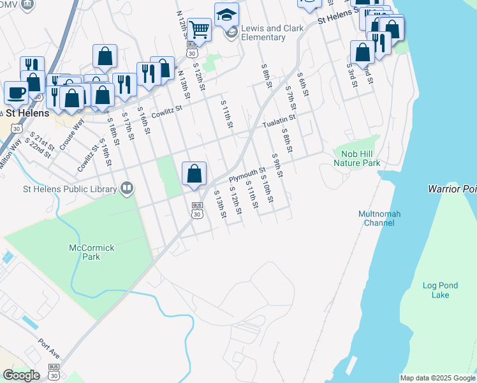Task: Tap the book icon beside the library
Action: (127, 188)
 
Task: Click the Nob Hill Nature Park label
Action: (356, 158)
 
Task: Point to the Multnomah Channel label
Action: (383, 218)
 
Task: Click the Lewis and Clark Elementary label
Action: (263, 33)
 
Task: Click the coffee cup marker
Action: (16, 92)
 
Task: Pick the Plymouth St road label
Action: (247, 174)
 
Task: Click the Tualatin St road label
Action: (279, 119)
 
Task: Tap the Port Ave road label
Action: (48, 347)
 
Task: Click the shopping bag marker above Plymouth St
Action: (194, 173)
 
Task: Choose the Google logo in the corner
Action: (21, 375)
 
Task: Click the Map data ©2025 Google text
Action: (437, 378)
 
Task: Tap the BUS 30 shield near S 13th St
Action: (197, 210)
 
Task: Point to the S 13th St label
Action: (220, 204)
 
